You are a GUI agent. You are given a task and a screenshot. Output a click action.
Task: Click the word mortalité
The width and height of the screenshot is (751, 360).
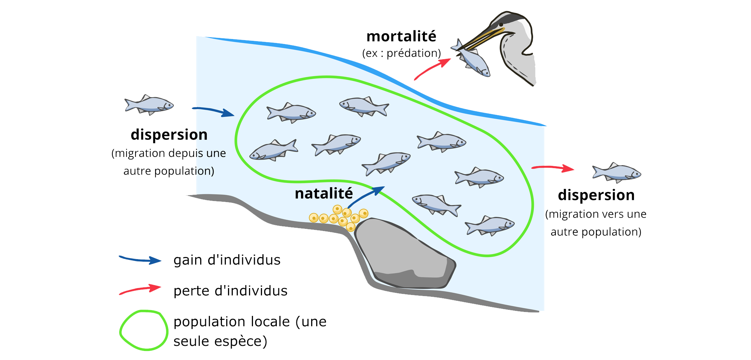point(401,37)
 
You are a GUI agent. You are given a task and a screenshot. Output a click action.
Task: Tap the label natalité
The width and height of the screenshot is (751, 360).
point(323,193)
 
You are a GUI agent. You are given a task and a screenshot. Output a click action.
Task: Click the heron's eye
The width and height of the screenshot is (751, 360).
point(501,25)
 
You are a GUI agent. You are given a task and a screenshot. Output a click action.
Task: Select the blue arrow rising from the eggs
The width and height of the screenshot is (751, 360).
point(366,196)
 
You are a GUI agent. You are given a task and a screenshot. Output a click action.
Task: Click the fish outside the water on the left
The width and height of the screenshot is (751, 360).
point(149,104)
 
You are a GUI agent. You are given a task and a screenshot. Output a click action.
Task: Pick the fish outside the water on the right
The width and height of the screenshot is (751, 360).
point(617,172)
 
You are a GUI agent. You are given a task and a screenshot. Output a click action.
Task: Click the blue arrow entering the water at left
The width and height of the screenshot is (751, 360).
point(213,111)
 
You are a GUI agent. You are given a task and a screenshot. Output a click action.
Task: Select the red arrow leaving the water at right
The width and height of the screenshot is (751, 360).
point(553,168)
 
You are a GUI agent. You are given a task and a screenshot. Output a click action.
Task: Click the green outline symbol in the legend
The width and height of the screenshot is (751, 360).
point(143,330)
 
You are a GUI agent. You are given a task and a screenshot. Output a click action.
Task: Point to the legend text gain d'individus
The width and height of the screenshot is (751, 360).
point(227,260)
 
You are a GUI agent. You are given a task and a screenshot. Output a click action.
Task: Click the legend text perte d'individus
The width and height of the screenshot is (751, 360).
point(230,291)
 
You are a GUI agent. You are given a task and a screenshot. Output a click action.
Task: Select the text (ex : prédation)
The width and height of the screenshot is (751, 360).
point(402,53)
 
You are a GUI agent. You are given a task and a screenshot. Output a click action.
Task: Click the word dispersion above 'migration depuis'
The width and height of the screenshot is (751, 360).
point(169,134)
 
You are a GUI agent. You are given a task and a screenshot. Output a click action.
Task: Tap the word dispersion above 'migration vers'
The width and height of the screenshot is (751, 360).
point(596,195)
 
